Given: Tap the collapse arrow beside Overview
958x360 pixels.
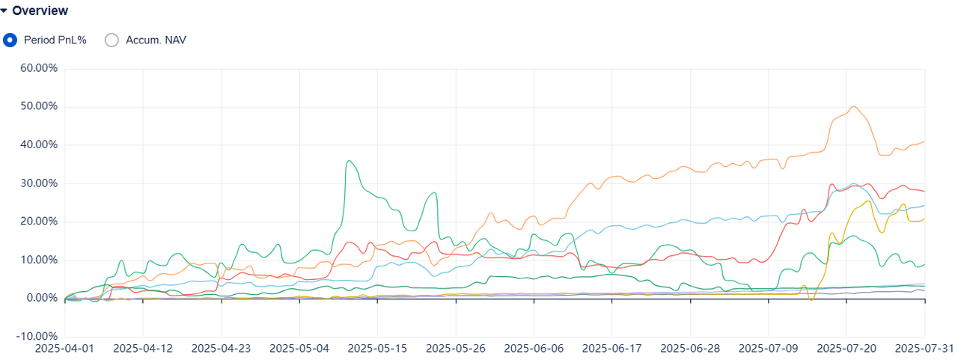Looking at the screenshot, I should (x=4, y=10).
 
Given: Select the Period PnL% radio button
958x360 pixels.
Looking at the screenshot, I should (x=10, y=40).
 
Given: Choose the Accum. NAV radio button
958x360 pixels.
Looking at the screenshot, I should (x=112, y=40).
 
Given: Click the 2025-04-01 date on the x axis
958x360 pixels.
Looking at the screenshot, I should (x=65, y=349).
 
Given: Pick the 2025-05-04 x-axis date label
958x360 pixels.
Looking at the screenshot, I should (x=299, y=349).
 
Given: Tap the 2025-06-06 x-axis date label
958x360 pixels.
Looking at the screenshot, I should (x=534, y=349).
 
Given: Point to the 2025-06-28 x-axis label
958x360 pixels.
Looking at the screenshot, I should (x=691, y=349).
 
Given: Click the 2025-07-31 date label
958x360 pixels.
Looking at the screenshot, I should (x=924, y=349).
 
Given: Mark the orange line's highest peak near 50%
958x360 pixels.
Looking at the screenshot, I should (x=854, y=106).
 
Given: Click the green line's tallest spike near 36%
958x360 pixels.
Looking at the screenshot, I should (x=349, y=160).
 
